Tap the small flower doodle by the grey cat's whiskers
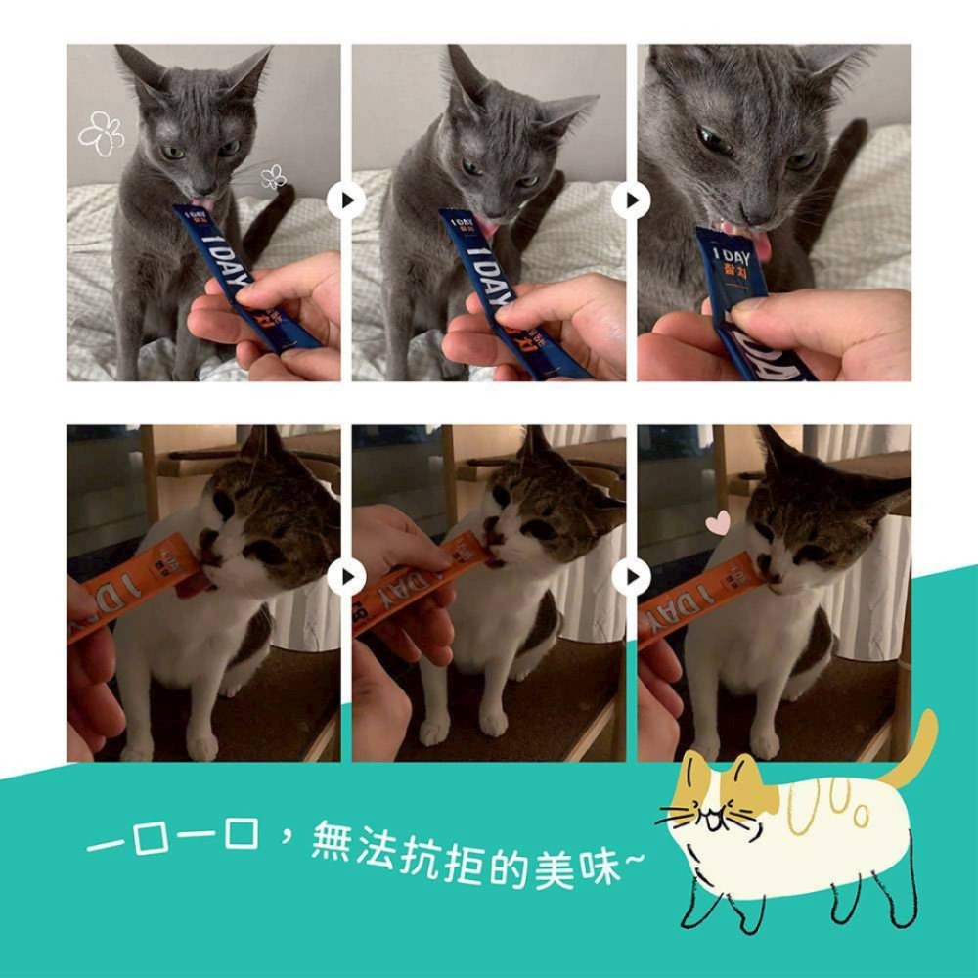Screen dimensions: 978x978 (273, 177)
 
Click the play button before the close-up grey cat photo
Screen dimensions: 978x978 (632, 201)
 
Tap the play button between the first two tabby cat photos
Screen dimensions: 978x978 (346, 578)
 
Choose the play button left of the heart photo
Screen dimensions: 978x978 (632, 578)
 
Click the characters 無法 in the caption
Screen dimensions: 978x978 (351, 842)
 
